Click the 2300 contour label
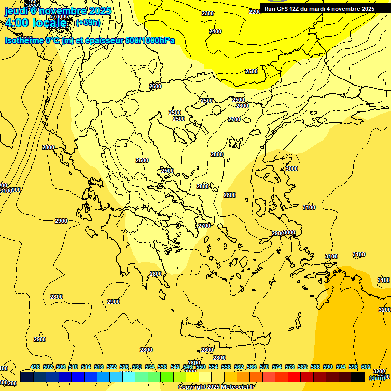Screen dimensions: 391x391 point(208,13)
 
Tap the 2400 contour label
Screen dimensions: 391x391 point(215,31)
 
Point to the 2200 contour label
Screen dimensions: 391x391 point(255,12)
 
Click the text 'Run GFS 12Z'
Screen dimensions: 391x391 point(282,9)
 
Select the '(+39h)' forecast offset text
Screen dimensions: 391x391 point(88,22)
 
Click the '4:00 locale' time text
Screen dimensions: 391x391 point(35,23)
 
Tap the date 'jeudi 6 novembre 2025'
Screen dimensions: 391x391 point(51,10)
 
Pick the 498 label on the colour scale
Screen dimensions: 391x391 point(35,367)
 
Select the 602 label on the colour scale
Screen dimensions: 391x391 point(366,367)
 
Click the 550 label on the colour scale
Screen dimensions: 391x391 point(201,367)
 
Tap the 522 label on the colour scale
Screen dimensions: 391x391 point(111,367)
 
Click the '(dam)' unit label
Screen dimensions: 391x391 point(377,378)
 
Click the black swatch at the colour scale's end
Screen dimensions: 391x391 point(358,377)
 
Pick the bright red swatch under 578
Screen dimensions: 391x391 point(294,377)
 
